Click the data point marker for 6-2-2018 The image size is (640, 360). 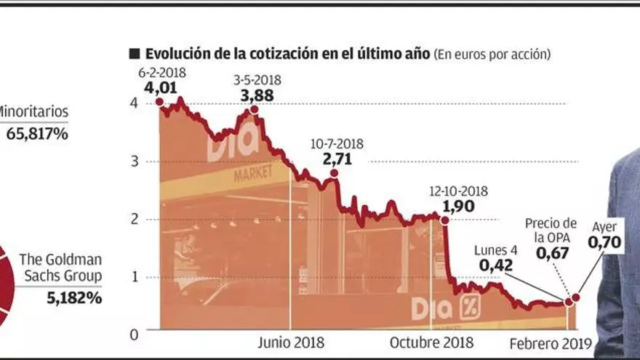click(x=159, y=102)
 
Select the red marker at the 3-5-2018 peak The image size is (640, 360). click(x=254, y=109)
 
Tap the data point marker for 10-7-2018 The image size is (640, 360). click(x=334, y=173)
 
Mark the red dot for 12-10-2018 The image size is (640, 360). click(x=445, y=220)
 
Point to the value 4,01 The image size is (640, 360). click(x=161, y=88)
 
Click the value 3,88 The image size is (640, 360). click(x=257, y=95)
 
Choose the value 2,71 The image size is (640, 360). click(x=337, y=159)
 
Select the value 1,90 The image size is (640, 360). click(x=458, y=207)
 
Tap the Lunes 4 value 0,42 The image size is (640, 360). click(x=495, y=265)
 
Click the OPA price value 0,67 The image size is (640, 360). click(x=552, y=254)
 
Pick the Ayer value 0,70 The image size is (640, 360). click(x=604, y=242)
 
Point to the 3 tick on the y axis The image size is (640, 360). click(x=135, y=161)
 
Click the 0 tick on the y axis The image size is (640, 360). click(x=135, y=335)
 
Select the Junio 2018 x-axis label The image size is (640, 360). click(x=291, y=343)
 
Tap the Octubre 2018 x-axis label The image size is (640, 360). click(x=431, y=343)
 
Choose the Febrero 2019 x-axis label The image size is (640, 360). click(x=551, y=344)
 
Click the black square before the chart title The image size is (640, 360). click(x=135, y=54)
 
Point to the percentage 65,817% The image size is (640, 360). click(x=37, y=134)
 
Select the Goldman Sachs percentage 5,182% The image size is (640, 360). click(x=74, y=298)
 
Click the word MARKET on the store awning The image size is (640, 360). click(x=253, y=172)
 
